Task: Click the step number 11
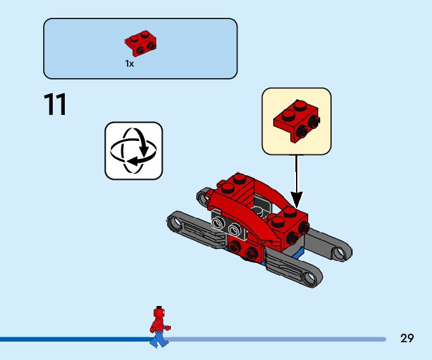coord(55,105)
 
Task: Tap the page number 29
coord(407,338)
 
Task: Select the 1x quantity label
coord(130,63)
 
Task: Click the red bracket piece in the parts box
coord(141,42)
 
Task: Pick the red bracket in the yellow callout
coord(295,120)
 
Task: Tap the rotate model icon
coord(133,150)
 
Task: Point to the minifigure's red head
coord(159,313)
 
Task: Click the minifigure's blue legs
coord(158,338)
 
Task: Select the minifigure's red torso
coord(158,324)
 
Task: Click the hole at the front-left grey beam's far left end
coord(175,222)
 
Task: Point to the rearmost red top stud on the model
coord(240,178)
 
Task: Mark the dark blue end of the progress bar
coord(3,339)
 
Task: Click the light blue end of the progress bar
coord(383,339)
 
